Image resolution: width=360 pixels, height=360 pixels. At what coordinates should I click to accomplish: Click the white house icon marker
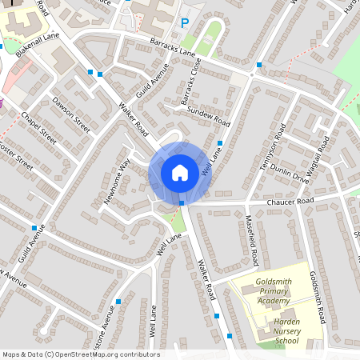pyautogui.click(x=180, y=172)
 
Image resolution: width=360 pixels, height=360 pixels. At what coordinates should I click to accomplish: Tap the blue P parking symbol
pyautogui.click(x=185, y=23)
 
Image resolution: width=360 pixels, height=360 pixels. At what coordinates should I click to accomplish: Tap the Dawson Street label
pyautogui.click(x=72, y=114)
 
